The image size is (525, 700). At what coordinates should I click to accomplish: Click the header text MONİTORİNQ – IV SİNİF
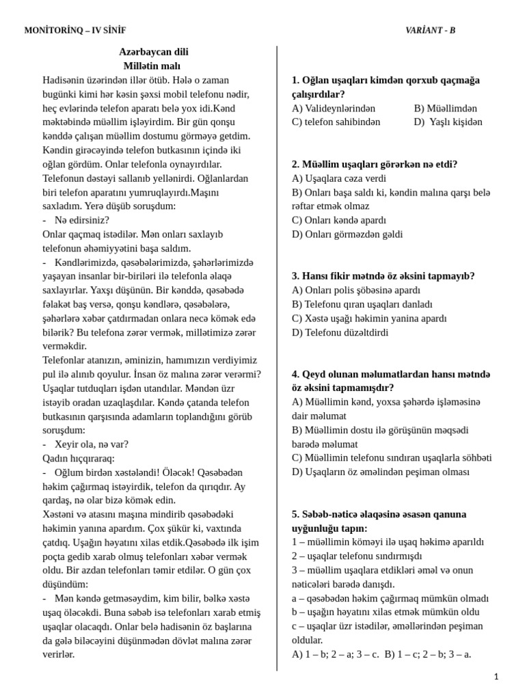(75, 30)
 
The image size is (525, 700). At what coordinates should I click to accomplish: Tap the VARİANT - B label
(430, 30)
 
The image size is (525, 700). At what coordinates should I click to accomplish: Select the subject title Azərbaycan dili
(153, 52)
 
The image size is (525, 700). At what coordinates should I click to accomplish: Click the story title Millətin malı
(152, 66)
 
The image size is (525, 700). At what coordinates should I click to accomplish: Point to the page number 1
(496, 676)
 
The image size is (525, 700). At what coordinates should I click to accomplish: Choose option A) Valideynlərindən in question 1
(334, 108)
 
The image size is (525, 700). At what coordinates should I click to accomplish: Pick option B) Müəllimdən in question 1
(445, 108)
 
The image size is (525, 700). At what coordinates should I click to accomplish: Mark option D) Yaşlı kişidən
(448, 122)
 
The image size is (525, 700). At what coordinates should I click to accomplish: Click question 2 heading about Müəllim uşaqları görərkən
(375, 164)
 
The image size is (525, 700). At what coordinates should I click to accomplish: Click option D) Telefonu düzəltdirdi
(340, 332)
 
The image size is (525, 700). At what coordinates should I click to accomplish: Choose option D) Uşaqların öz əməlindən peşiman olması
(381, 472)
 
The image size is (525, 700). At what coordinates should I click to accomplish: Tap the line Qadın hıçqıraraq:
(79, 458)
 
